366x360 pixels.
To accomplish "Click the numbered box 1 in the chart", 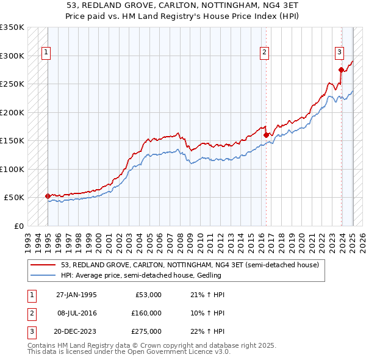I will coord(46,53).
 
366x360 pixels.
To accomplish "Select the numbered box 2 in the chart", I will coord(264,53).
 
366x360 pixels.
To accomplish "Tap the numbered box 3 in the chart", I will coord(339,53).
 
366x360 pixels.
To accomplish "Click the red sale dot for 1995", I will coord(48,196).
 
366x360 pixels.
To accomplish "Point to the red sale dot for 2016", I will coord(266,135).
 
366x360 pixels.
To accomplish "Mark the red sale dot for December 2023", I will coord(341,70).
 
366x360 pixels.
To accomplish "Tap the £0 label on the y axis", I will coord(18,226).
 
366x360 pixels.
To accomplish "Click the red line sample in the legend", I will coord(44,265).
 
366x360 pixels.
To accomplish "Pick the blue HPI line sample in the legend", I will coord(44,276).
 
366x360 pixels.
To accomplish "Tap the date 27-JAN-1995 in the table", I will coord(76,295).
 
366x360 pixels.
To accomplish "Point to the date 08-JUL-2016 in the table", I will coord(76,313).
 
